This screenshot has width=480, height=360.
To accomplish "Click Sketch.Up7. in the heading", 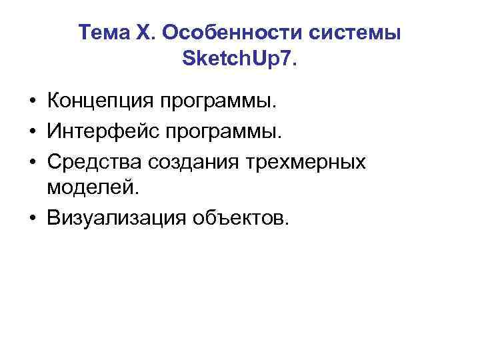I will pyautogui.click(x=240, y=61).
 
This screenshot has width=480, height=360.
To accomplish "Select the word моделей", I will pyautogui.click(x=94, y=189).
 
